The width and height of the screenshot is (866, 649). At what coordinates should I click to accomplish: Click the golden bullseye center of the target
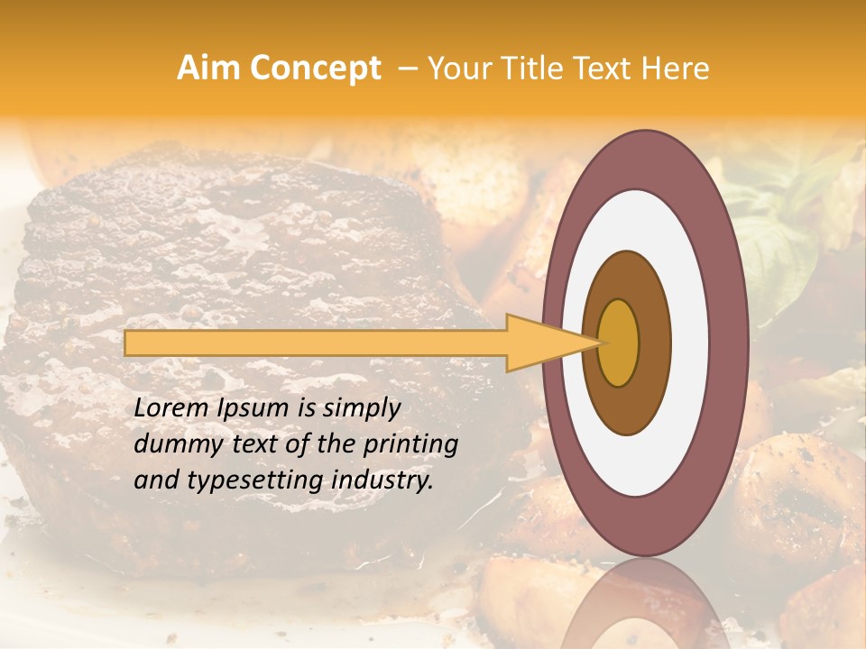(619, 343)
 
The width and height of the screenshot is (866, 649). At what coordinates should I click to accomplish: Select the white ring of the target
(690, 343)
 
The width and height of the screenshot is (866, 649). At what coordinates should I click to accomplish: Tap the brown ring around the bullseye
(655, 343)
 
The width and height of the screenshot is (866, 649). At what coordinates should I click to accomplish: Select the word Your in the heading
(456, 69)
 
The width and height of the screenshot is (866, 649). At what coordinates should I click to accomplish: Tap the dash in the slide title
(408, 69)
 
